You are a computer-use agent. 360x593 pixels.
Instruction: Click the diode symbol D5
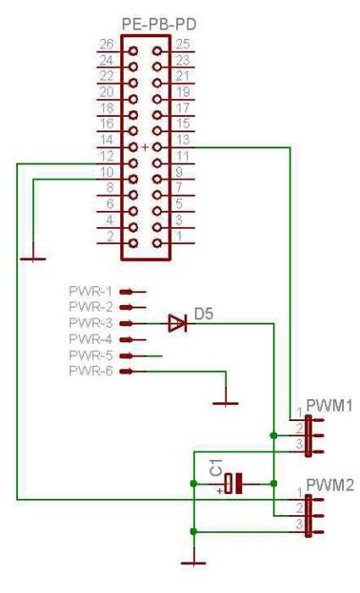[x=176, y=323]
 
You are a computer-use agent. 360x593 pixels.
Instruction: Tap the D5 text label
[x=203, y=314]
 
